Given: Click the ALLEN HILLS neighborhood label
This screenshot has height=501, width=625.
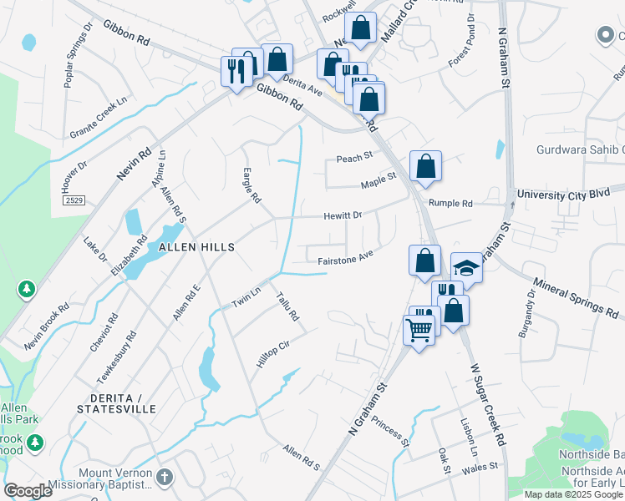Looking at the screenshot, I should point(191,247).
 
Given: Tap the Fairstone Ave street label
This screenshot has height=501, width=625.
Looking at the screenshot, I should point(344,261).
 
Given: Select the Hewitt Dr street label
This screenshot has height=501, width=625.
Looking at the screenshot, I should point(343,215).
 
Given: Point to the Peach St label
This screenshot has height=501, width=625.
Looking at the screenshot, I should point(353,158).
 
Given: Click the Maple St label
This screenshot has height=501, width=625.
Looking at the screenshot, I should point(379,178).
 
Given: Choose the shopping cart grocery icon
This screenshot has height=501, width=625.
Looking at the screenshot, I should point(419,328).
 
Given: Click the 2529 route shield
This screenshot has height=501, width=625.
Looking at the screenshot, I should point(74,202).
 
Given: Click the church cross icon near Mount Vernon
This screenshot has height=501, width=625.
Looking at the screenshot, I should point(165,477).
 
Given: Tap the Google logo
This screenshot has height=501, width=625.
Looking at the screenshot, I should point(28,490).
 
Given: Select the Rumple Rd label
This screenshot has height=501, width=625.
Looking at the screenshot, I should point(450,203).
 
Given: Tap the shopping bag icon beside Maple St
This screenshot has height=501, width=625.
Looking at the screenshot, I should point(425,166).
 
